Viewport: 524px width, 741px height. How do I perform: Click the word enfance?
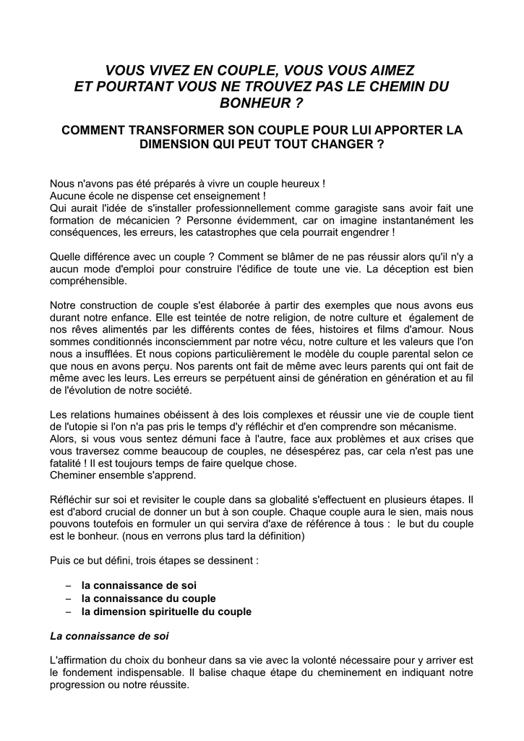click(147, 317)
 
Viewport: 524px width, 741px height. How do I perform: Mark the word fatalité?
click(69, 464)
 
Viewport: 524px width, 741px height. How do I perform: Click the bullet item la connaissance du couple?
click(148, 598)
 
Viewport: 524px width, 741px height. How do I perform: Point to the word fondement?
click(93, 672)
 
